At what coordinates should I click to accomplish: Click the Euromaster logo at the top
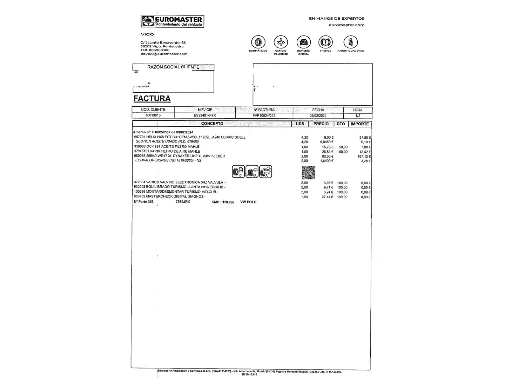pyautogui.click(x=172, y=21)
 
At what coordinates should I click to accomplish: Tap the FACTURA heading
pyautogui.click(x=152, y=99)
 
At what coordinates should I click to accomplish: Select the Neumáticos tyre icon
pyautogui.click(x=258, y=42)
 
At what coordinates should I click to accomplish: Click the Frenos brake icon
pyautogui.click(x=325, y=42)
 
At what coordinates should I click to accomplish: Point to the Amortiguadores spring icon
pyautogui.click(x=350, y=42)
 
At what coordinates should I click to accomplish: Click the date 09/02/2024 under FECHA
pyautogui.click(x=318, y=115)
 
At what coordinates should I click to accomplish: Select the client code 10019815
pyautogui.click(x=153, y=115)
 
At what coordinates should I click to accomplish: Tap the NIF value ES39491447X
pyautogui.click(x=205, y=115)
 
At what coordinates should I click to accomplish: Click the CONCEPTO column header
pyautogui.click(x=212, y=124)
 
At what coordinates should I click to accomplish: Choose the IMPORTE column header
pyautogui.click(x=359, y=124)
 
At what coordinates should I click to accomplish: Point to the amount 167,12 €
pyautogui.click(x=364, y=157)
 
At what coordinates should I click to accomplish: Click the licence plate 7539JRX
pyautogui.click(x=183, y=202)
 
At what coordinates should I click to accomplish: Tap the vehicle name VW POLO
pyautogui.click(x=248, y=202)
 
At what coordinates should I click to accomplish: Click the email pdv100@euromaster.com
pyautogui.click(x=164, y=54)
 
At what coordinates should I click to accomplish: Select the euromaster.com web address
pyautogui.click(x=346, y=25)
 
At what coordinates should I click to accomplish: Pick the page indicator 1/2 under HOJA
pyautogui.click(x=358, y=115)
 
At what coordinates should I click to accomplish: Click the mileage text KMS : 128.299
pyautogui.click(x=223, y=202)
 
